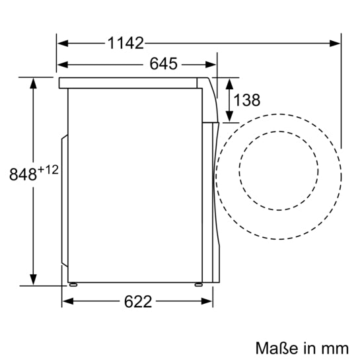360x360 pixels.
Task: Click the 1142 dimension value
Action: pyautogui.click(x=125, y=43)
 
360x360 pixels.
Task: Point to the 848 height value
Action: pyautogui.click(x=22, y=175)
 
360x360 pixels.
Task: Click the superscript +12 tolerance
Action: pyautogui.click(x=48, y=170)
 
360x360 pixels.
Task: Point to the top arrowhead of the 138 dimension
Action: pyautogui.click(x=229, y=82)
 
